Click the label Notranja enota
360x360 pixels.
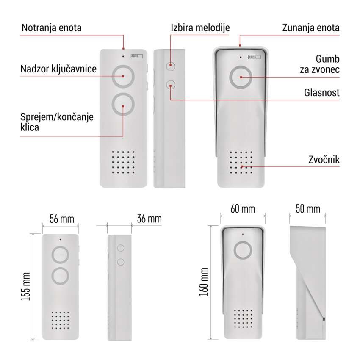pyautogui.click(x=51, y=28)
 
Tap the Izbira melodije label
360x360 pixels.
pyautogui.click(x=200, y=28)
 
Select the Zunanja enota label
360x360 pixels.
pyautogui.click(x=311, y=28)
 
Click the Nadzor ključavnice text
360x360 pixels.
pyautogui.click(x=58, y=69)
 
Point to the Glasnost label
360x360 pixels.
pyautogui.click(x=321, y=92)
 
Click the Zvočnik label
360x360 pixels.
pyautogui.click(x=324, y=160)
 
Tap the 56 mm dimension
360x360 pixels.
pyautogui.click(x=62, y=219)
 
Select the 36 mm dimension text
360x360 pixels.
pyautogui.click(x=149, y=219)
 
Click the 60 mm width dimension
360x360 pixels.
pyautogui.click(x=243, y=209)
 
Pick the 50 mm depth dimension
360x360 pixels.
pyautogui.click(x=308, y=209)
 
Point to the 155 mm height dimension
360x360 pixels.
pyautogui.click(x=25, y=286)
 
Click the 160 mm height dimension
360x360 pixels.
pyautogui.click(x=203, y=282)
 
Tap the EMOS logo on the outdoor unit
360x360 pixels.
pyautogui.click(x=254, y=57)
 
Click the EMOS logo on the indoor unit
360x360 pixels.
pyautogui.click(x=137, y=56)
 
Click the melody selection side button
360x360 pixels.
pyautogui.click(x=171, y=66)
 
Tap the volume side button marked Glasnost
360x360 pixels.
pyautogui.click(x=171, y=85)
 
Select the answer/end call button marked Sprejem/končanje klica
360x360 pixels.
pyautogui.click(x=123, y=105)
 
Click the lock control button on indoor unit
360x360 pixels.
pyautogui.click(x=123, y=77)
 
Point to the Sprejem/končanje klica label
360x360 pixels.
pyautogui.click(x=57, y=122)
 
